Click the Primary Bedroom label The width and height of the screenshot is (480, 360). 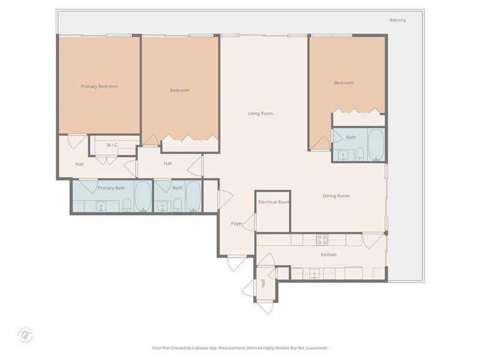pyautogui.click(x=99, y=86)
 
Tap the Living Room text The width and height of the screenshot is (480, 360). pyautogui.click(x=260, y=113)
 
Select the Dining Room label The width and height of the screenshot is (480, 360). pyautogui.click(x=336, y=196)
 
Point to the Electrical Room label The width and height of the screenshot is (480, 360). pyautogui.click(x=274, y=202)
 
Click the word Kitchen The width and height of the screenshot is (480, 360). pyautogui.click(x=328, y=255)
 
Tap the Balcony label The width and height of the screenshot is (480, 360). pyautogui.click(x=397, y=20)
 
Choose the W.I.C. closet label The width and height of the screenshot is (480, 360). pyautogui.click(x=112, y=145)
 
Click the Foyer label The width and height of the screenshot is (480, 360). pyautogui.click(x=237, y=224)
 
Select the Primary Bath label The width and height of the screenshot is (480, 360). pyautogui.click(x=111, y=188)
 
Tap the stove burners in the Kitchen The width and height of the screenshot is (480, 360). pyautogui.click(x=322, y=239)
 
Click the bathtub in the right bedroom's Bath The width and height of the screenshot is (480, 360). pyautogui.click(x=376, y=144)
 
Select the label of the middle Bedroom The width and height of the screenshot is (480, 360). pyautogui.click(x=179, y=91)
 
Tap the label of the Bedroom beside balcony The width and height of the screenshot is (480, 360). pyautogui.click(x=344, y=83)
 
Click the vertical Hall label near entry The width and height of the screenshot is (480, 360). pyautogui.click(x=263, y=283)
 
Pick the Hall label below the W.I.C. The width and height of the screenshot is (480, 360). pyautogui.click(x=79, y=164)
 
